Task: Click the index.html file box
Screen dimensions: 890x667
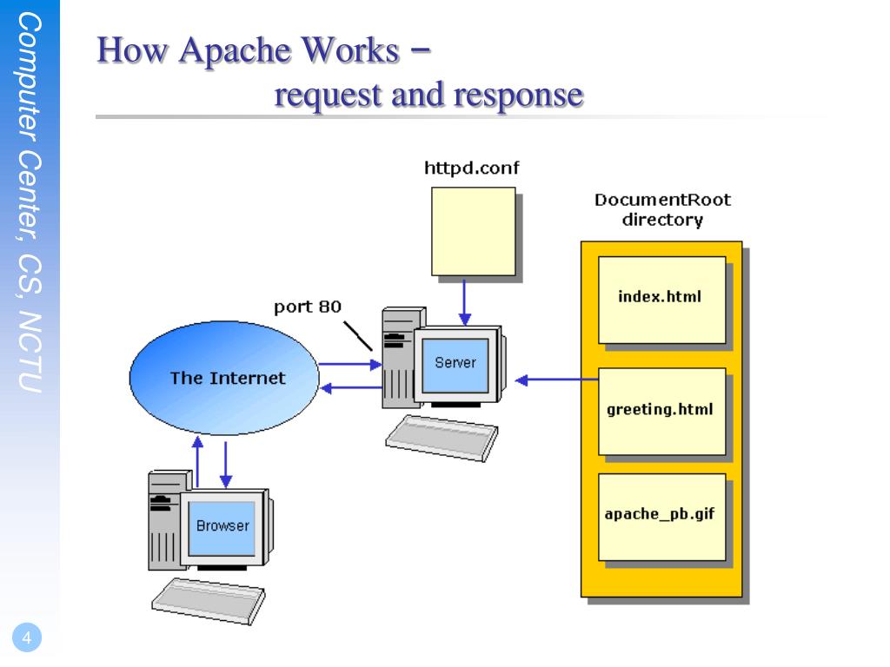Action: pyautogui.click(x=661, y=300)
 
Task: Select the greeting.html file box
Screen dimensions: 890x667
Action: pyautogui.click(x=661, y=411)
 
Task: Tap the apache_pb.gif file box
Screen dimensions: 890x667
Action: pyautogui.click(x=661, y=517)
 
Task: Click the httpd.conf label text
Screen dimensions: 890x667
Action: pyautogui.click(x=471, y=168)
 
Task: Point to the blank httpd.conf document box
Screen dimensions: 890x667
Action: pyautogui.click(x=474, y=231)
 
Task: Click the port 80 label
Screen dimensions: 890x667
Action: pyautogui.click(x=307, y=307)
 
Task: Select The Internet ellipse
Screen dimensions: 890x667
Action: pyautogui.click(x=224, y=378)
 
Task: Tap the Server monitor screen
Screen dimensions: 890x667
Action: pyautogui.click(x=455, y=366)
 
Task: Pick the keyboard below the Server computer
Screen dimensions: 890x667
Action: pyautogui.click(x=442, y=438)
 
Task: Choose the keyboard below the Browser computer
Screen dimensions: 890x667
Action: pyautogui.click(x=209, y=601)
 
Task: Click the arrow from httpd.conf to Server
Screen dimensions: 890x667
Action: pyautogui.click(x=464, y=301)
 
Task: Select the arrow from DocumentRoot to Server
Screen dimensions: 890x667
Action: pyautogui.click(x=556, y=380)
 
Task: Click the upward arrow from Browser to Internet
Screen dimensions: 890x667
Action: pyautogui.click(x=197, y=461)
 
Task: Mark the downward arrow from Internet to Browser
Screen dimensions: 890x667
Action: pyautogui.click(x=226, y=465)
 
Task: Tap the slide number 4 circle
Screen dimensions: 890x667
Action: pyautogui.click(x=27, y=637)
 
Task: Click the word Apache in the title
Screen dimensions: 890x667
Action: pyautogui.click(x=235, y=50)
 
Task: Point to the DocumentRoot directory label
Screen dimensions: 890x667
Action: pyautogui.click(x=662, y=210)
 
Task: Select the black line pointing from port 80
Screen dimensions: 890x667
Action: pyautogui.click(x=357, y=336)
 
